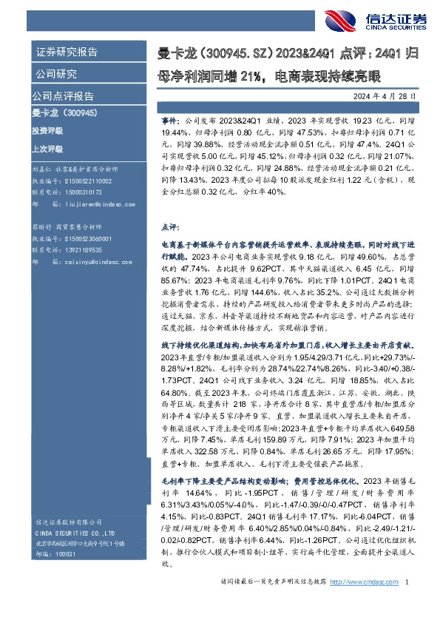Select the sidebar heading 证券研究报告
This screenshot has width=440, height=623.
tap(67, 53)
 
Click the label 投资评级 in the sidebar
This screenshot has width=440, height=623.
tap(47, 130)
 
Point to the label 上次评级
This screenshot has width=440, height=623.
tap(47, 147)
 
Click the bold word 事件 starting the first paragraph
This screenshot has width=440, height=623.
tap(168, 118)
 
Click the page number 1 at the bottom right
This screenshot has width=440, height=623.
tap(407, 603)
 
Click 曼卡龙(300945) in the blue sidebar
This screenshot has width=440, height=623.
tap(61, 113)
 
